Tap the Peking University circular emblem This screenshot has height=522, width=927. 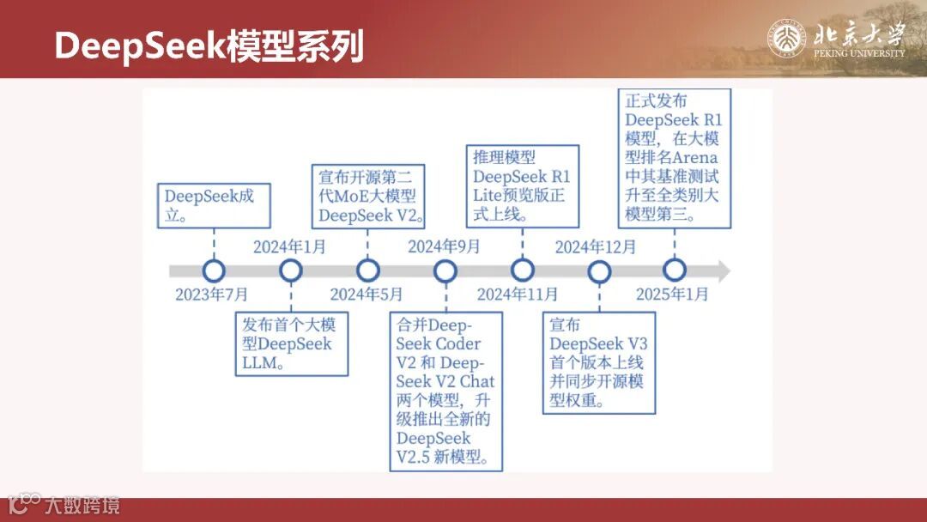point(786,39)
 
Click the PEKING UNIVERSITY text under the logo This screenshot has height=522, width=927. point(859,53)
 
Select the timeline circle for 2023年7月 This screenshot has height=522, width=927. point(214,271)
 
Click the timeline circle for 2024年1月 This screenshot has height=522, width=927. point(291,271)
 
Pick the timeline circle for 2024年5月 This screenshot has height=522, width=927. point(368,271)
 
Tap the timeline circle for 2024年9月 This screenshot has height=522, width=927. point(445,271)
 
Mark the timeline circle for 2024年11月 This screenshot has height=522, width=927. point(522,271)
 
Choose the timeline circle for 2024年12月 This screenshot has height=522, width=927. point(599,271)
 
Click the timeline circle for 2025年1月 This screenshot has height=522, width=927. point(675,271)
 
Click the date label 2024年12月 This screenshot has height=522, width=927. point(596,248)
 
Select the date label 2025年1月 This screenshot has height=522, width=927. point(672,294)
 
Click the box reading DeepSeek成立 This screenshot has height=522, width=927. point(210,205)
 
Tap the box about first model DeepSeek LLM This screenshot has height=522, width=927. point(292,344)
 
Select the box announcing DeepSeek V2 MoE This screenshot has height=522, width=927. point(368,196)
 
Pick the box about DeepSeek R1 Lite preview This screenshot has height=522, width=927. point(524,185)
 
